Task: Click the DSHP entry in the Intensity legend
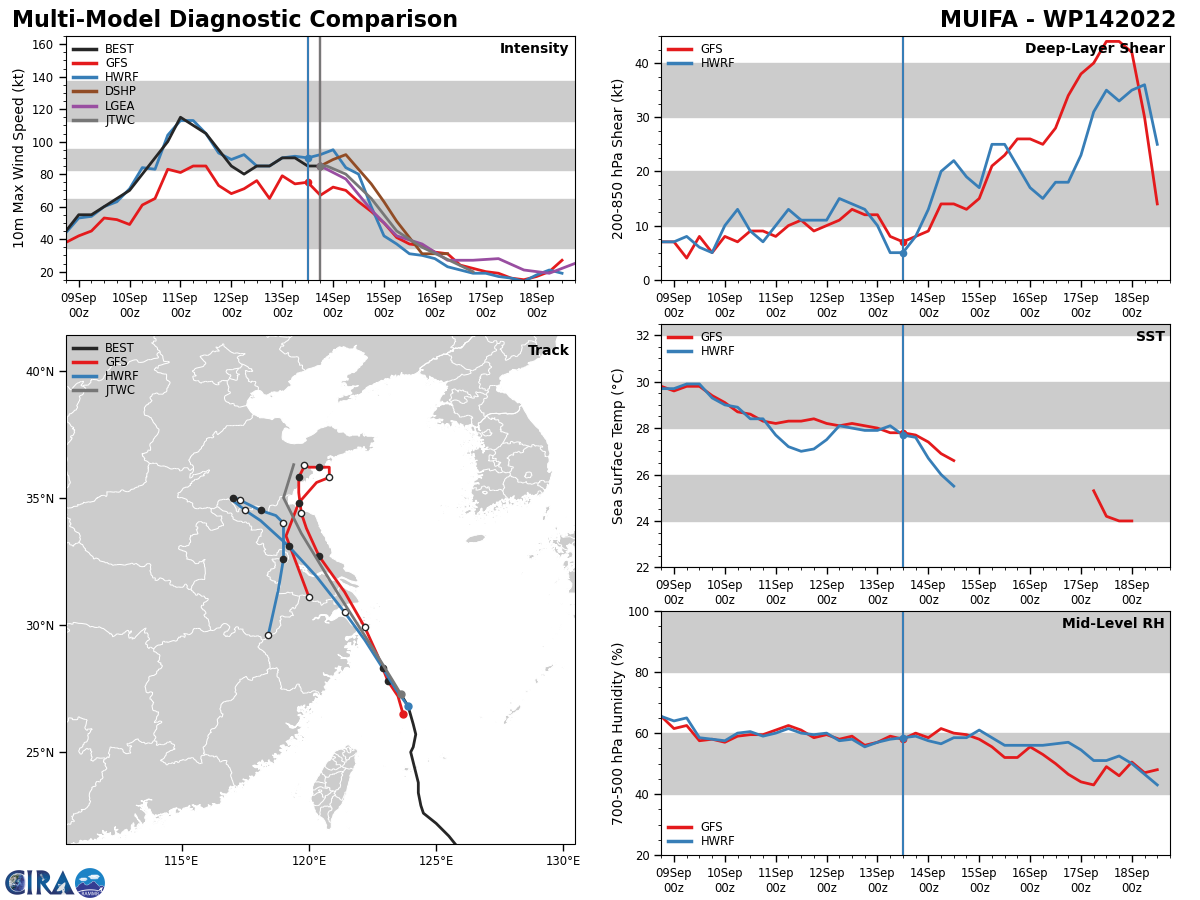(x=104, y=91)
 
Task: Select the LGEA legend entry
(x=103, y=105)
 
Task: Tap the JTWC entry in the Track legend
(x=103, y=390)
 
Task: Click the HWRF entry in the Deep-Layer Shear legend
(x=700, y=63)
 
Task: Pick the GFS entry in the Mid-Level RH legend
(x=694, y=827)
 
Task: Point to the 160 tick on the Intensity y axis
(x=42, y=45)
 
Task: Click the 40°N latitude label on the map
(x=40, y=372)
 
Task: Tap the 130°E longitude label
(x=563, y=861)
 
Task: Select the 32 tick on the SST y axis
(x=643, y=336)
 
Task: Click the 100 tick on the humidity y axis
(x=640, y=612)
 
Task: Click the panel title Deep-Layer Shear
(x=1094, y=48)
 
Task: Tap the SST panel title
(x=1150, y=336)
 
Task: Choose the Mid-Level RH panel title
(x=1113, y=623)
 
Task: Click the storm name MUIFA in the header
(x=979, y=20)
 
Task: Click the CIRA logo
(x=55, y=883)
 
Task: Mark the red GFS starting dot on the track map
(x=403, y=714)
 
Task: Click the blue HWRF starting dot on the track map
(x=408, y=707)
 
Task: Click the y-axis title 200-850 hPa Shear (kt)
(x=618, y=160)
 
